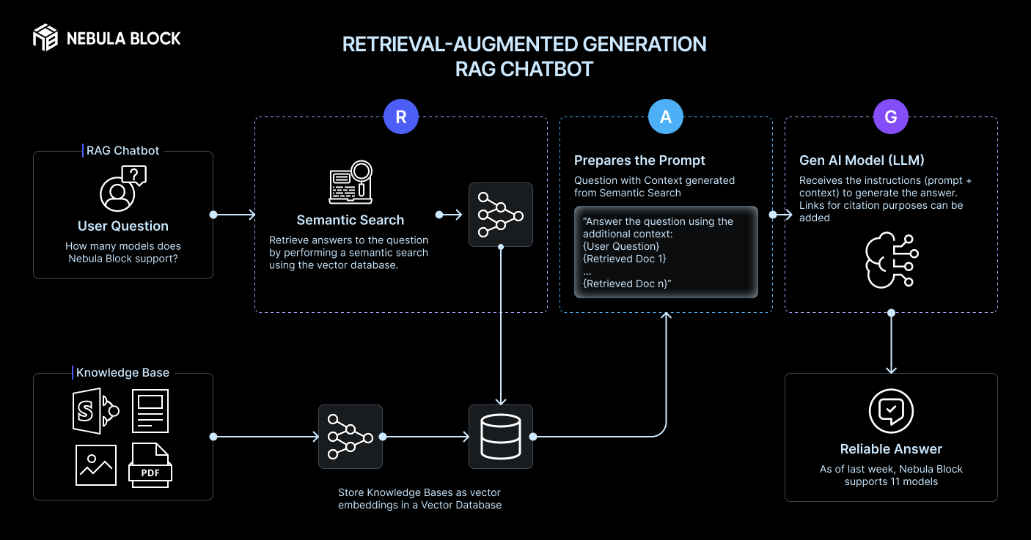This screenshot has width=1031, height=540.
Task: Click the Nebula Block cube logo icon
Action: click(45, 37)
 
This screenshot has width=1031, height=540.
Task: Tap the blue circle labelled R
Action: click(401, 116)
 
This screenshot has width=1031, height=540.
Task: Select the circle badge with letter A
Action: click(666, 116)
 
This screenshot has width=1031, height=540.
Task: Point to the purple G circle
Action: click(891, 116)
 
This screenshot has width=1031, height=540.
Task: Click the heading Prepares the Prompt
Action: click(639, 160)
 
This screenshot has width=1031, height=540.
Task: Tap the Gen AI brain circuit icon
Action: click(891, 259)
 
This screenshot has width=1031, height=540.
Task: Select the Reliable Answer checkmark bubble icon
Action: click(891, 411)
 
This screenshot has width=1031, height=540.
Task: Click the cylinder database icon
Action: click(501, 437)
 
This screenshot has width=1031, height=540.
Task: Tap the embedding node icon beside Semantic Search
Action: click(501, 215)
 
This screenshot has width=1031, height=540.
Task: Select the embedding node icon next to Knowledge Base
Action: click(351, 437)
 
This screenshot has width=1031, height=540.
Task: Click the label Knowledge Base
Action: click(122, 373)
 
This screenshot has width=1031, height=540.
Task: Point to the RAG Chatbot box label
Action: click(122, 150)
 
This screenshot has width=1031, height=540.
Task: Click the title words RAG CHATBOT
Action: click(524, 70)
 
